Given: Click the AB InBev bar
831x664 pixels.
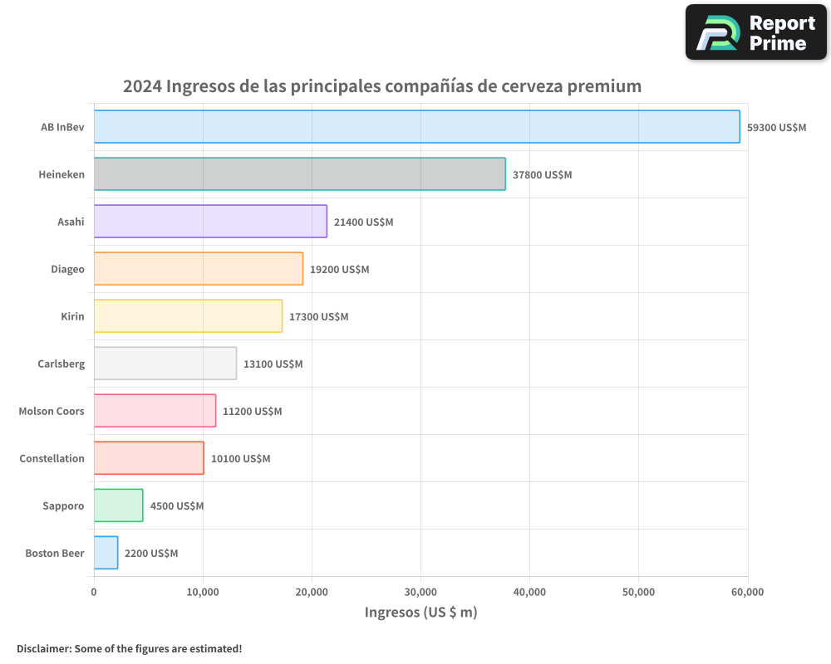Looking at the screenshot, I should tap(416, 127).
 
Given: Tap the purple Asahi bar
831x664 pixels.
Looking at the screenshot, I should tap(210, 222).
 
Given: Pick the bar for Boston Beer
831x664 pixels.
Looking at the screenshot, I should tap(106, 553).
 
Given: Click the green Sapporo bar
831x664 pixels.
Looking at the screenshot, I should tap(118, 505).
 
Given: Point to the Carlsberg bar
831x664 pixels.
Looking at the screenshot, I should tap(165, 364).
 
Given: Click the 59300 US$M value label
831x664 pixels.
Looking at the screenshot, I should tap(776, 128).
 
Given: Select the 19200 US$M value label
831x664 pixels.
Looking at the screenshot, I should tap(339, 270).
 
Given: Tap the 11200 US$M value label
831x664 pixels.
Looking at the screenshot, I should tap(252, 412).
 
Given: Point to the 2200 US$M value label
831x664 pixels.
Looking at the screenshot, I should tap(151, 554).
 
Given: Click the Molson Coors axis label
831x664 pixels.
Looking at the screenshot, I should tap(52, 412).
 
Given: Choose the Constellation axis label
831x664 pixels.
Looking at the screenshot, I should tap(52, 459).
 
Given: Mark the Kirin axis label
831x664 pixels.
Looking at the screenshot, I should tap(72, 317).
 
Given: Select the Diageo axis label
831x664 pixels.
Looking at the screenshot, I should tap(67, 270).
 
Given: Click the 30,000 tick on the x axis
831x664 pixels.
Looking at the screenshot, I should tap(420, 592).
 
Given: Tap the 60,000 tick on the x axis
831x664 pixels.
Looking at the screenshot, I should tap(747, 592).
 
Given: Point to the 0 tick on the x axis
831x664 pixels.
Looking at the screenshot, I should tap(94, 592).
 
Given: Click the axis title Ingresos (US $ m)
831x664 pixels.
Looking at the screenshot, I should tap(420, 613).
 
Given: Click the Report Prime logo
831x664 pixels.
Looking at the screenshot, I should tap(755, 32).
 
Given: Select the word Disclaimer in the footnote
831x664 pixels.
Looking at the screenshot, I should tap(42, 649).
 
